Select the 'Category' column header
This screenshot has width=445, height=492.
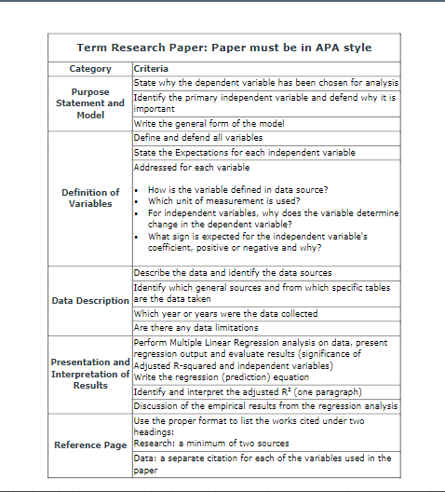pos(90,69)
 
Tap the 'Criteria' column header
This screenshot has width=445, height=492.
pos(153,69)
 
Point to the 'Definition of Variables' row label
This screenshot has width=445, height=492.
pos(90,198)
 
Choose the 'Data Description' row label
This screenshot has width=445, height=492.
pos(90,300)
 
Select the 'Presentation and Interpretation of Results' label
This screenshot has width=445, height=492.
pos(90,373)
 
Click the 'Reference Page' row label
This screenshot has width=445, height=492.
pos(90,445)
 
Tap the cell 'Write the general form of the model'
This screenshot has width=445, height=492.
pos(209,123)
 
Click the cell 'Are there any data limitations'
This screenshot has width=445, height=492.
pos(196,328)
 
